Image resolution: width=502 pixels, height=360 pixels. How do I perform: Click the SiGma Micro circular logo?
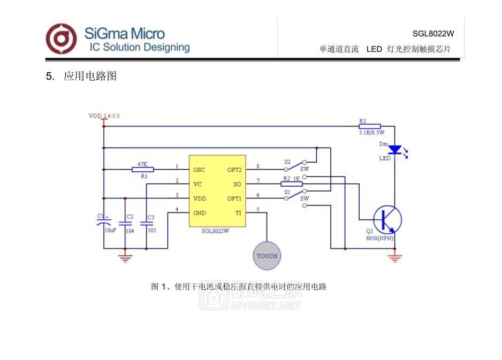(61, 39)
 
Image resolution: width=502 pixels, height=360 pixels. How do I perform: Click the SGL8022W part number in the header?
(433, 33)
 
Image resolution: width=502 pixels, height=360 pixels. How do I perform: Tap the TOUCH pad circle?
(267, 256)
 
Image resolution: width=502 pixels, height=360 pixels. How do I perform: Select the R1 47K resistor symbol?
(142, 170)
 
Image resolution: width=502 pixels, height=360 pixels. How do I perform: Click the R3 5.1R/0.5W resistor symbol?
(370, 126)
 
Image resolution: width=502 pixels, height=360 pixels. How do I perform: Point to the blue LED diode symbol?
(395, 149)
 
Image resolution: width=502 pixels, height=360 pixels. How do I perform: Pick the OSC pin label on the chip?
(199, 170)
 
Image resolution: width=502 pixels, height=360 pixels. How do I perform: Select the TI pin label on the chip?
(238, 213)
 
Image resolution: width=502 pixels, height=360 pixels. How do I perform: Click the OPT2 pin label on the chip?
(234, 170)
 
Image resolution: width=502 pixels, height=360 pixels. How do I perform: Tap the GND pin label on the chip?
(199, 213)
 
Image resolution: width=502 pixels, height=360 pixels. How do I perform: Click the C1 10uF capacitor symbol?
(104, 223)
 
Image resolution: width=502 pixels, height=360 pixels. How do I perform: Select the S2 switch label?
(287, 162)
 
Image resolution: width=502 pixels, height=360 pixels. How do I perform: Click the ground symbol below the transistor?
(395, 258)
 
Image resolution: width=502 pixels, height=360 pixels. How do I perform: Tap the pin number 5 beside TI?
(258, 210)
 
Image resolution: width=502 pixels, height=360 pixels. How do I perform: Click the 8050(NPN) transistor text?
(380, 238)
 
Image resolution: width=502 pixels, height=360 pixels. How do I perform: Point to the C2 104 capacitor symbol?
(125, 224)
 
